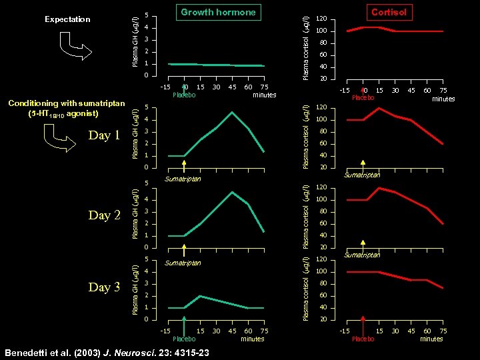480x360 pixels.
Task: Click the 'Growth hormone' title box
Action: click(218, 12)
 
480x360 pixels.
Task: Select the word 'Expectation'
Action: click(67, 19)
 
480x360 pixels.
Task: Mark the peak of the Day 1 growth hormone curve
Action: click(231, 112)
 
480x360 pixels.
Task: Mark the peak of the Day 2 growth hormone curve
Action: click(231, 192)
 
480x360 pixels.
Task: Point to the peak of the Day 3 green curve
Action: click(201, 296)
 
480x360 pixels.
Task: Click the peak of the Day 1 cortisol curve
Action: click(379, 108)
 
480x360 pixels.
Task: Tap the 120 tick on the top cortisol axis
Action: click(321, 19)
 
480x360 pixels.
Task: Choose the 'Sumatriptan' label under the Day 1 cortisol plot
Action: click(362, 175)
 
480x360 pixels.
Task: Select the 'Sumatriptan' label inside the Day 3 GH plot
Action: click(183, 263)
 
